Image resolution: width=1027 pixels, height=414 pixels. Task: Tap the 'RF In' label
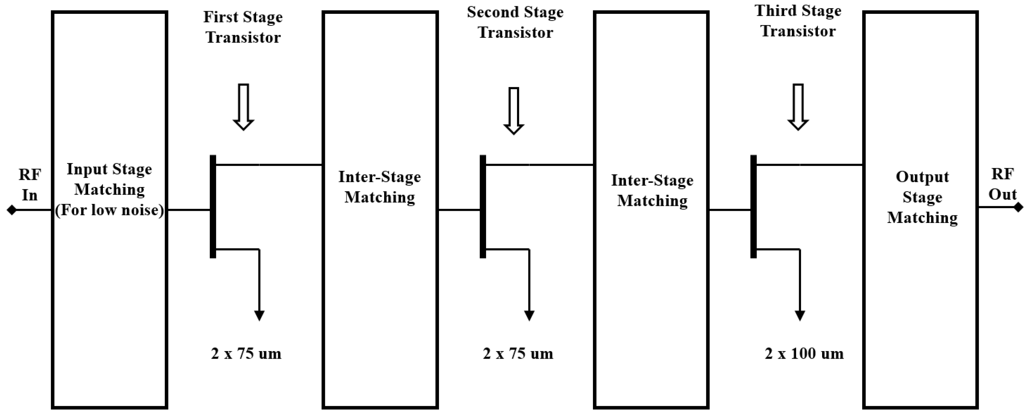(x=30, y=185)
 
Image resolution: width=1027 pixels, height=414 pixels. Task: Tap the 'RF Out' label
(x=1002, y=184)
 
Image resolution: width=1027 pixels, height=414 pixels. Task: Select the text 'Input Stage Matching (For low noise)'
(x=109, y=190)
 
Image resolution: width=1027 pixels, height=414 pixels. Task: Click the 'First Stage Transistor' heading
(x=243, y=27)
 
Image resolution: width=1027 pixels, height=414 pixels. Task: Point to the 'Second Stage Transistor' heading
(x=515, y=22)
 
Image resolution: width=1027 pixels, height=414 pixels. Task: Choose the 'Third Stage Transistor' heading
(x=798, y=21)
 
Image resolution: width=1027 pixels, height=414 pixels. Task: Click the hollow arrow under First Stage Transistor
(x=243, y=107)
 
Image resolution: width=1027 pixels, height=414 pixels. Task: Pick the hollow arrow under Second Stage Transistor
(x=514, y=111)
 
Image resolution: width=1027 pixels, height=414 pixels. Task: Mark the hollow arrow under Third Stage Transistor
(x=798, y=107)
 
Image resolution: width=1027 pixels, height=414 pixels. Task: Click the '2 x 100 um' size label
(x=804, y=354)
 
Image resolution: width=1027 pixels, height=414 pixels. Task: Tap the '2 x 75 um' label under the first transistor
(x=246, y=354)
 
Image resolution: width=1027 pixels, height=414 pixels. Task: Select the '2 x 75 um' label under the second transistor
(x=518, y=354)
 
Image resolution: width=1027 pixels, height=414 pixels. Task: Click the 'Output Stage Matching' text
(x=922, y=197)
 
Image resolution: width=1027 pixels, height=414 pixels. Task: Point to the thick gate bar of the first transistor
(x=213, y=207)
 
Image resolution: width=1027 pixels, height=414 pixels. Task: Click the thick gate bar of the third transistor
(x=753, y=207)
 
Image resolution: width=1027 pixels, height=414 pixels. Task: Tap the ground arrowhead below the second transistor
(x=529, y=316)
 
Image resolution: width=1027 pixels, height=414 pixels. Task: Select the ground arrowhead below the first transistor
(x=259, y=316)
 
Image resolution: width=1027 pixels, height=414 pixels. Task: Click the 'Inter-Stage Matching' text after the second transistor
(x=652, y=190)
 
